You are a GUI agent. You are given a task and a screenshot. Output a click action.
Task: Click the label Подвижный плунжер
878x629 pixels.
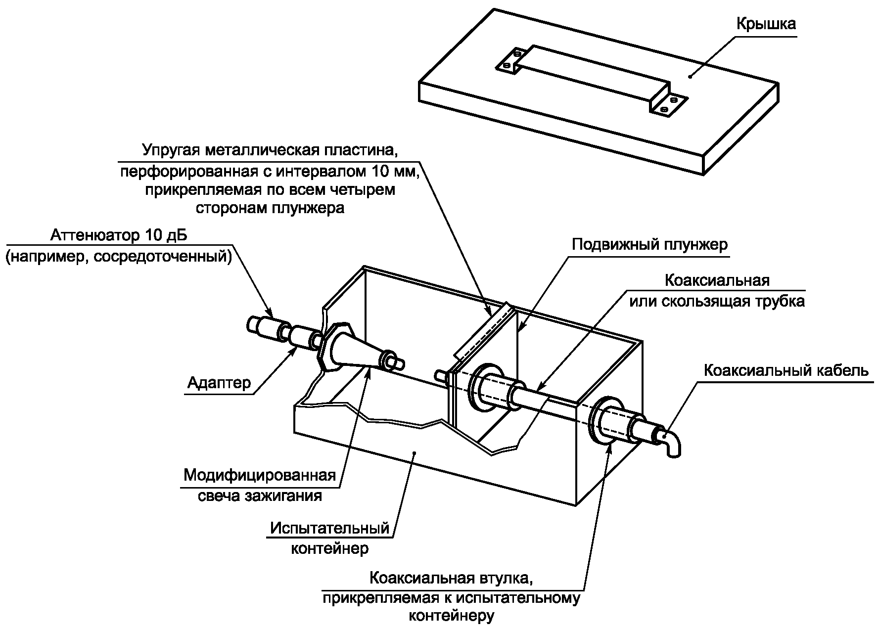pyautogui.click(x=649, y=245)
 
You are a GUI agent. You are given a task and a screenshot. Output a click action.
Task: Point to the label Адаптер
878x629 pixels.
pyautogui.click(x=219, y=382)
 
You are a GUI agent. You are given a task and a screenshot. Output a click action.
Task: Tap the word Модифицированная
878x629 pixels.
pyautogui.click(x=260, y=476)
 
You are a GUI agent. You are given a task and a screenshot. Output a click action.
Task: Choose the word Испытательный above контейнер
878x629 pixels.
pyautogui.click(x=330, y=528)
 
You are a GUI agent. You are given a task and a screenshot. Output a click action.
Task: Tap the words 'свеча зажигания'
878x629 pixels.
pyautogui.click(x=260, y=495)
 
